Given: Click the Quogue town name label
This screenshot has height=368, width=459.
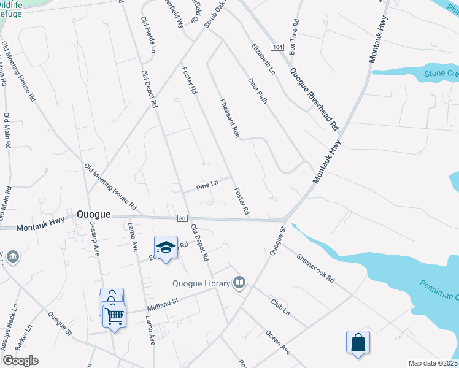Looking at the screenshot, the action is tap(94, 215).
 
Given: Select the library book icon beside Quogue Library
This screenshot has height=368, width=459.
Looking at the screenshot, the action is tap(240, 283).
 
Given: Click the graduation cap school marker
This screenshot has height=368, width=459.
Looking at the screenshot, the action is tap(166, 247).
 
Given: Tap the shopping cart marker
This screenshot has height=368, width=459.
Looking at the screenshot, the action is tap(115, 316).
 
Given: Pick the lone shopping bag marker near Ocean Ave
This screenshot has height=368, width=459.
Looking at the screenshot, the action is tap(358, 342).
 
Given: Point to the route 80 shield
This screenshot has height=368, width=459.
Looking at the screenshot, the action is tap(182, 218).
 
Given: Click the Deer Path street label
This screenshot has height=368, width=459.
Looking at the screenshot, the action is tap(258, 90).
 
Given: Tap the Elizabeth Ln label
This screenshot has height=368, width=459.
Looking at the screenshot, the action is tap(263, 58).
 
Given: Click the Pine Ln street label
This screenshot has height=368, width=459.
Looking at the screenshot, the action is tap(207, 184).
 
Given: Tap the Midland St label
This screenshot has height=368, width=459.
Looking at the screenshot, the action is tap(161, 302).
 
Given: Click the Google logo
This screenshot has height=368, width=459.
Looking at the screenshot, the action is tap(20, 361).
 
